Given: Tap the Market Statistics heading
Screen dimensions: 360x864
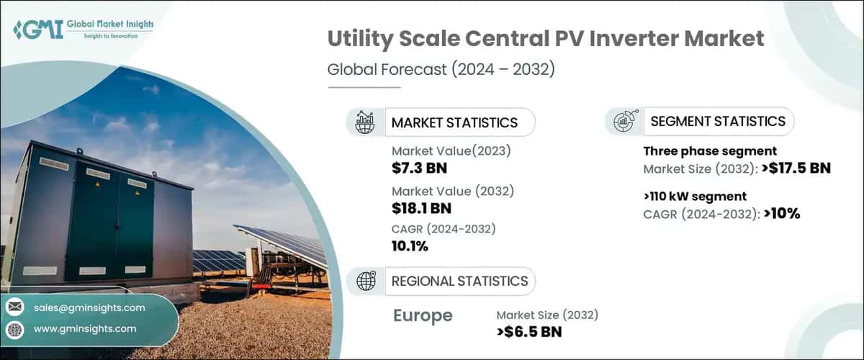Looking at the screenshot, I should coord(454,122).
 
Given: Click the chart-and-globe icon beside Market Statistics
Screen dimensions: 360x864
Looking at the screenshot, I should coord(365,122).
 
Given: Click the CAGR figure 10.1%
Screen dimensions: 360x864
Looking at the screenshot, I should coord(410,246).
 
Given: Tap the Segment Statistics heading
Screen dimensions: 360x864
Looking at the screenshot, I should coord(718,121).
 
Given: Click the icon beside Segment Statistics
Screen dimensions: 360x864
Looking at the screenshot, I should coord(624,121).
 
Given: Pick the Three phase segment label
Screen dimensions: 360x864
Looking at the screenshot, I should coord(709,151).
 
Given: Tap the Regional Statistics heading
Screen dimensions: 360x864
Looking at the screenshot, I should coord(459,281).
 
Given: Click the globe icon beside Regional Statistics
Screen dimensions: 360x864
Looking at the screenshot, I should coord(366,281).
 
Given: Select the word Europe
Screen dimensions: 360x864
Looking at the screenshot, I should coord(423,315).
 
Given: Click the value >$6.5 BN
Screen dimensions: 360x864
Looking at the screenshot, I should coord(529,332).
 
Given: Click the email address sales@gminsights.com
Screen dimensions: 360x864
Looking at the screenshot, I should coord(89,307).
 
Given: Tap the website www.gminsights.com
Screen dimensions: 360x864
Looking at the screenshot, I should coord(85,329).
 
